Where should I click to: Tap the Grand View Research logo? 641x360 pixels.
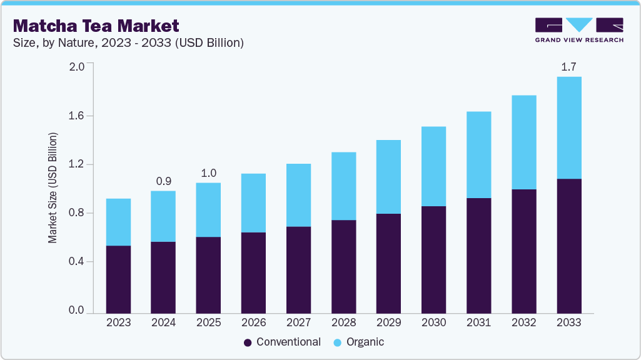[x=578, y=29]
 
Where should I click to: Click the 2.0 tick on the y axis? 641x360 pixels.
[x=76, y=67]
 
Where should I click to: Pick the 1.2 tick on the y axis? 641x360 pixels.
[x=76, y=164]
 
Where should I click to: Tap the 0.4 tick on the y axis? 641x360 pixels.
[x=76, y=262]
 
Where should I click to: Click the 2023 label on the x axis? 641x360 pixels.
[x=118, y=323]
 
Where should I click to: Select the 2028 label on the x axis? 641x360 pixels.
[x=343, y=323]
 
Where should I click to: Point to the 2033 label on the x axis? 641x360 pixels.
[x=568, y=323]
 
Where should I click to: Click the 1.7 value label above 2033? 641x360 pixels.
[x=568, y=66]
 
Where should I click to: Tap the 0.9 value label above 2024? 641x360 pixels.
[x=163, y=181]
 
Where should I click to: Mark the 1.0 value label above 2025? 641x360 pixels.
[x=208, y=172]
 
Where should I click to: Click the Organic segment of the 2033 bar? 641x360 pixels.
[x=568, y=127]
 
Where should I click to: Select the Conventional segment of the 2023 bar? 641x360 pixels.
[x=118, y=279]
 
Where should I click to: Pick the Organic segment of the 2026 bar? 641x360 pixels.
[x=253, y=203]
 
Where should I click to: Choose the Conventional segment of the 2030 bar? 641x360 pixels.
[x=433, y=259]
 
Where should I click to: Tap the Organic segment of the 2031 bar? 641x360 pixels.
[x=478, y=155]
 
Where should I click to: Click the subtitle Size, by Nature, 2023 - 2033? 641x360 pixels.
[x=128, y=43]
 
